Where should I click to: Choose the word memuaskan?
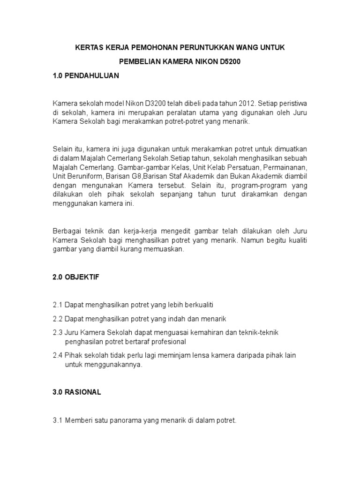166,249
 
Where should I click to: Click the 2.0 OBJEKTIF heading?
76,277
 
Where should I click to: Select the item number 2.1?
58,305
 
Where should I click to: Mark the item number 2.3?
58,332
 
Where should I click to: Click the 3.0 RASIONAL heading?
76,392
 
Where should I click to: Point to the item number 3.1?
58,420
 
